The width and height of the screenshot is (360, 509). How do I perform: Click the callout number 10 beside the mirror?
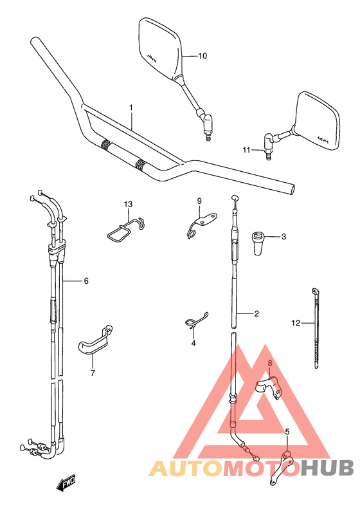click(203, 56)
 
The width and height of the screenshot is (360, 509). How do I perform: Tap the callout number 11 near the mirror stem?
click(246, 150)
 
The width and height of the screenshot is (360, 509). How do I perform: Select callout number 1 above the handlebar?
click(131, 107)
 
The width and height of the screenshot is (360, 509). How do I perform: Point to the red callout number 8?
click(270, 363)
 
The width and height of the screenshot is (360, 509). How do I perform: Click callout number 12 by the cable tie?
click(296, 323)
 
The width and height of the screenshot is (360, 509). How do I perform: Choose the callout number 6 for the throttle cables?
click(86, 281)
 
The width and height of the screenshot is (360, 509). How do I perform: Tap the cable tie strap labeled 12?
click(316, 328)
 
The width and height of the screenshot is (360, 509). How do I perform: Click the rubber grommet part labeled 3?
click(258, 243)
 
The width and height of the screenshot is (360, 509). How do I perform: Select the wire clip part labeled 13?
click(126, 229)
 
